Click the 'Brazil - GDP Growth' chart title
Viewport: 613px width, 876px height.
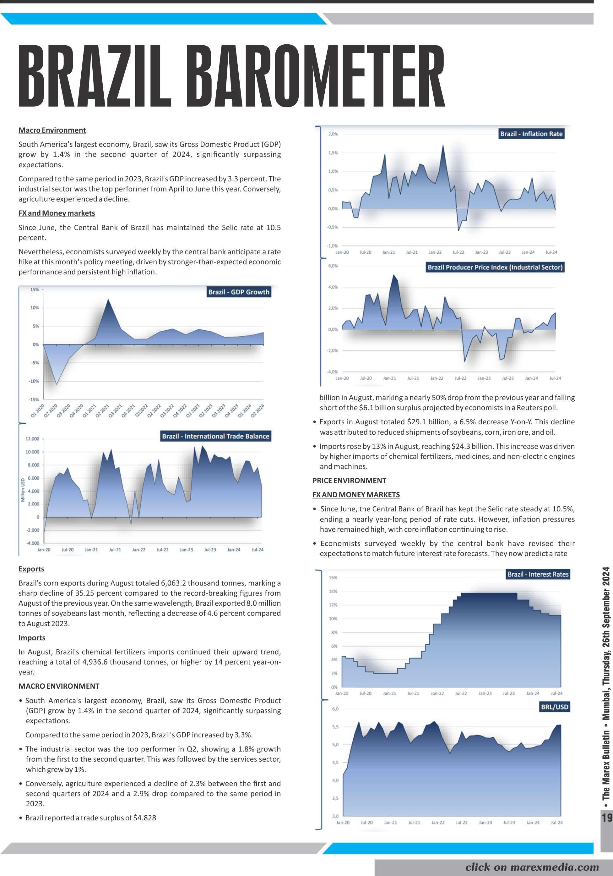(x=239, y=292)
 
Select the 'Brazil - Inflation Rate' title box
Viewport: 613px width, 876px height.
(x=531, y=134)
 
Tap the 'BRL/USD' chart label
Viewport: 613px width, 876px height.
(x=554, y=707)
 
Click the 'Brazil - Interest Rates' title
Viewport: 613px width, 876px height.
(x=538, y=574)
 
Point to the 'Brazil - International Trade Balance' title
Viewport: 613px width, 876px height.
(x=215, y=436)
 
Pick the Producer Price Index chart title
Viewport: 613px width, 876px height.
(x=495, y=267)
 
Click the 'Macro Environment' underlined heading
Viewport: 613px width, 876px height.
(x=52, y=130)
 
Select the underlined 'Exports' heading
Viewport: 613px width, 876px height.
(x=31, y=569)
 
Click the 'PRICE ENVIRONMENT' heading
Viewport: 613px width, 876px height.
(x=349, y=480)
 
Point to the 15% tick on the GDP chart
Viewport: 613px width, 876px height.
(x=34, y=289)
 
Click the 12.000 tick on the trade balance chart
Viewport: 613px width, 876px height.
(x=32, y=439)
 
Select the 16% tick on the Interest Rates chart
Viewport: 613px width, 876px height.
(x=333, y=578)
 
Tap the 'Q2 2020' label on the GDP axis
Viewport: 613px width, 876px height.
(x=51, y=411)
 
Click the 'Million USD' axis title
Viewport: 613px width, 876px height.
(x=23, y=490)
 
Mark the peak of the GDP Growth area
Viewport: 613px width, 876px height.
(x=109, y=300)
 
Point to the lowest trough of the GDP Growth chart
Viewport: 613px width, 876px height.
(x=57, y=384)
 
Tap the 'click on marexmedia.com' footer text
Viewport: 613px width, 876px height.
(x=532, y=867)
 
